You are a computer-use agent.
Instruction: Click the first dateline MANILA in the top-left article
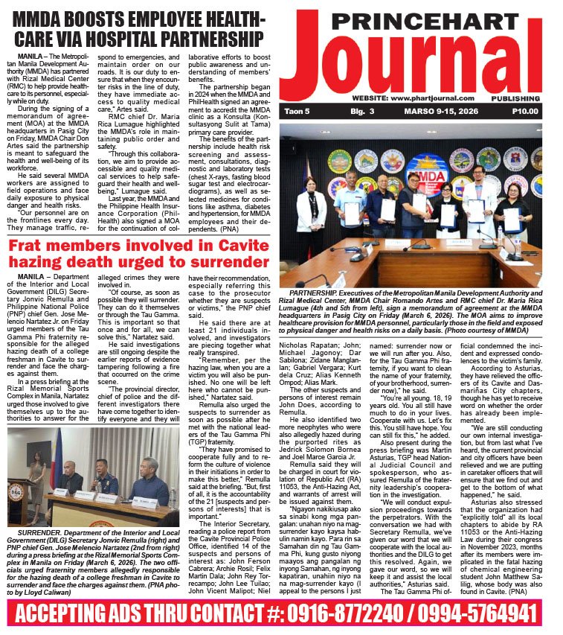[28, 55]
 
